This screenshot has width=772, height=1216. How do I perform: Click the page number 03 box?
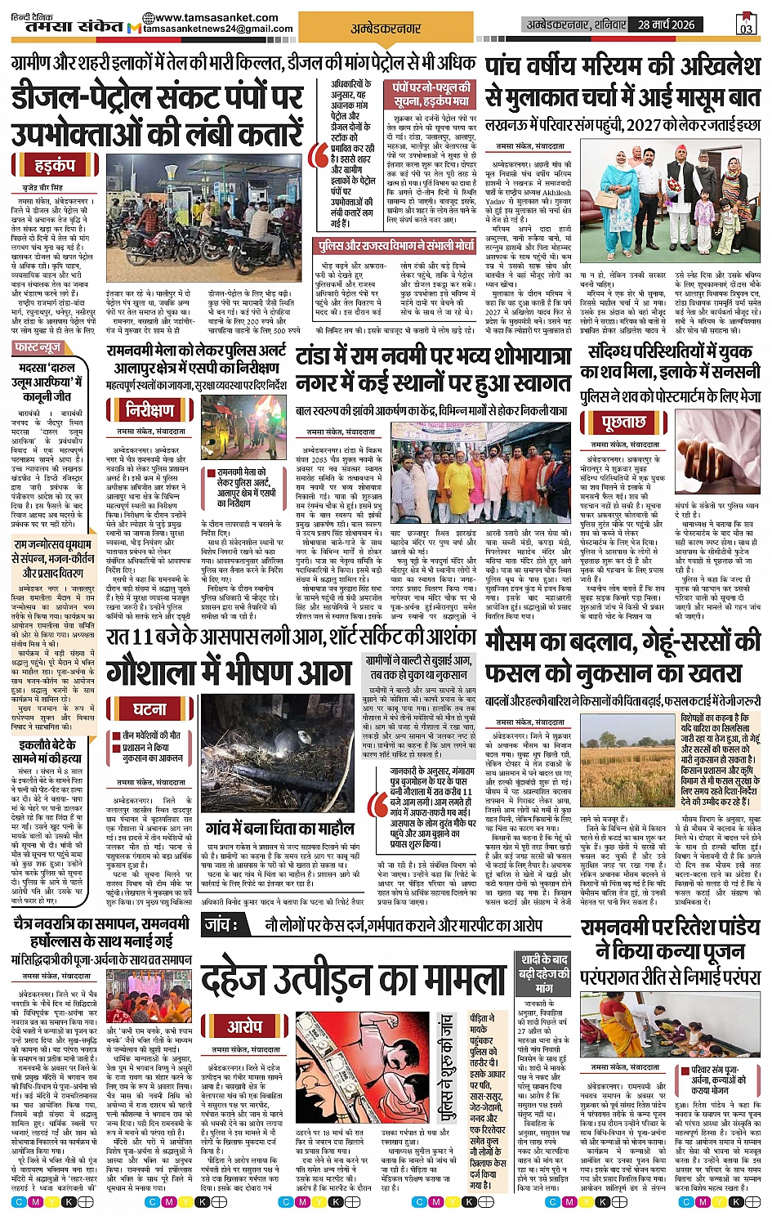745,25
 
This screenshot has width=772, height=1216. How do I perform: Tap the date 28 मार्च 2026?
666,25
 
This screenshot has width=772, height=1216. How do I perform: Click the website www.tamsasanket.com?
210,17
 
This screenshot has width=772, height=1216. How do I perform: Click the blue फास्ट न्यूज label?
38,348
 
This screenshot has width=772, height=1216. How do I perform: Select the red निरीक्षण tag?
149,409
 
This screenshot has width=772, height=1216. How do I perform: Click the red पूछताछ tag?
623,422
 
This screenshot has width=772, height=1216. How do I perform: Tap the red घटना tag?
149,708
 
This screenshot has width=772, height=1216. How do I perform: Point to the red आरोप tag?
245,1026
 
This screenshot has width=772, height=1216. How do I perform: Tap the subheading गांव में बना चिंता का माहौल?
280,828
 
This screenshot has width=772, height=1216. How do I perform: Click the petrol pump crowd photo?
203,221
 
